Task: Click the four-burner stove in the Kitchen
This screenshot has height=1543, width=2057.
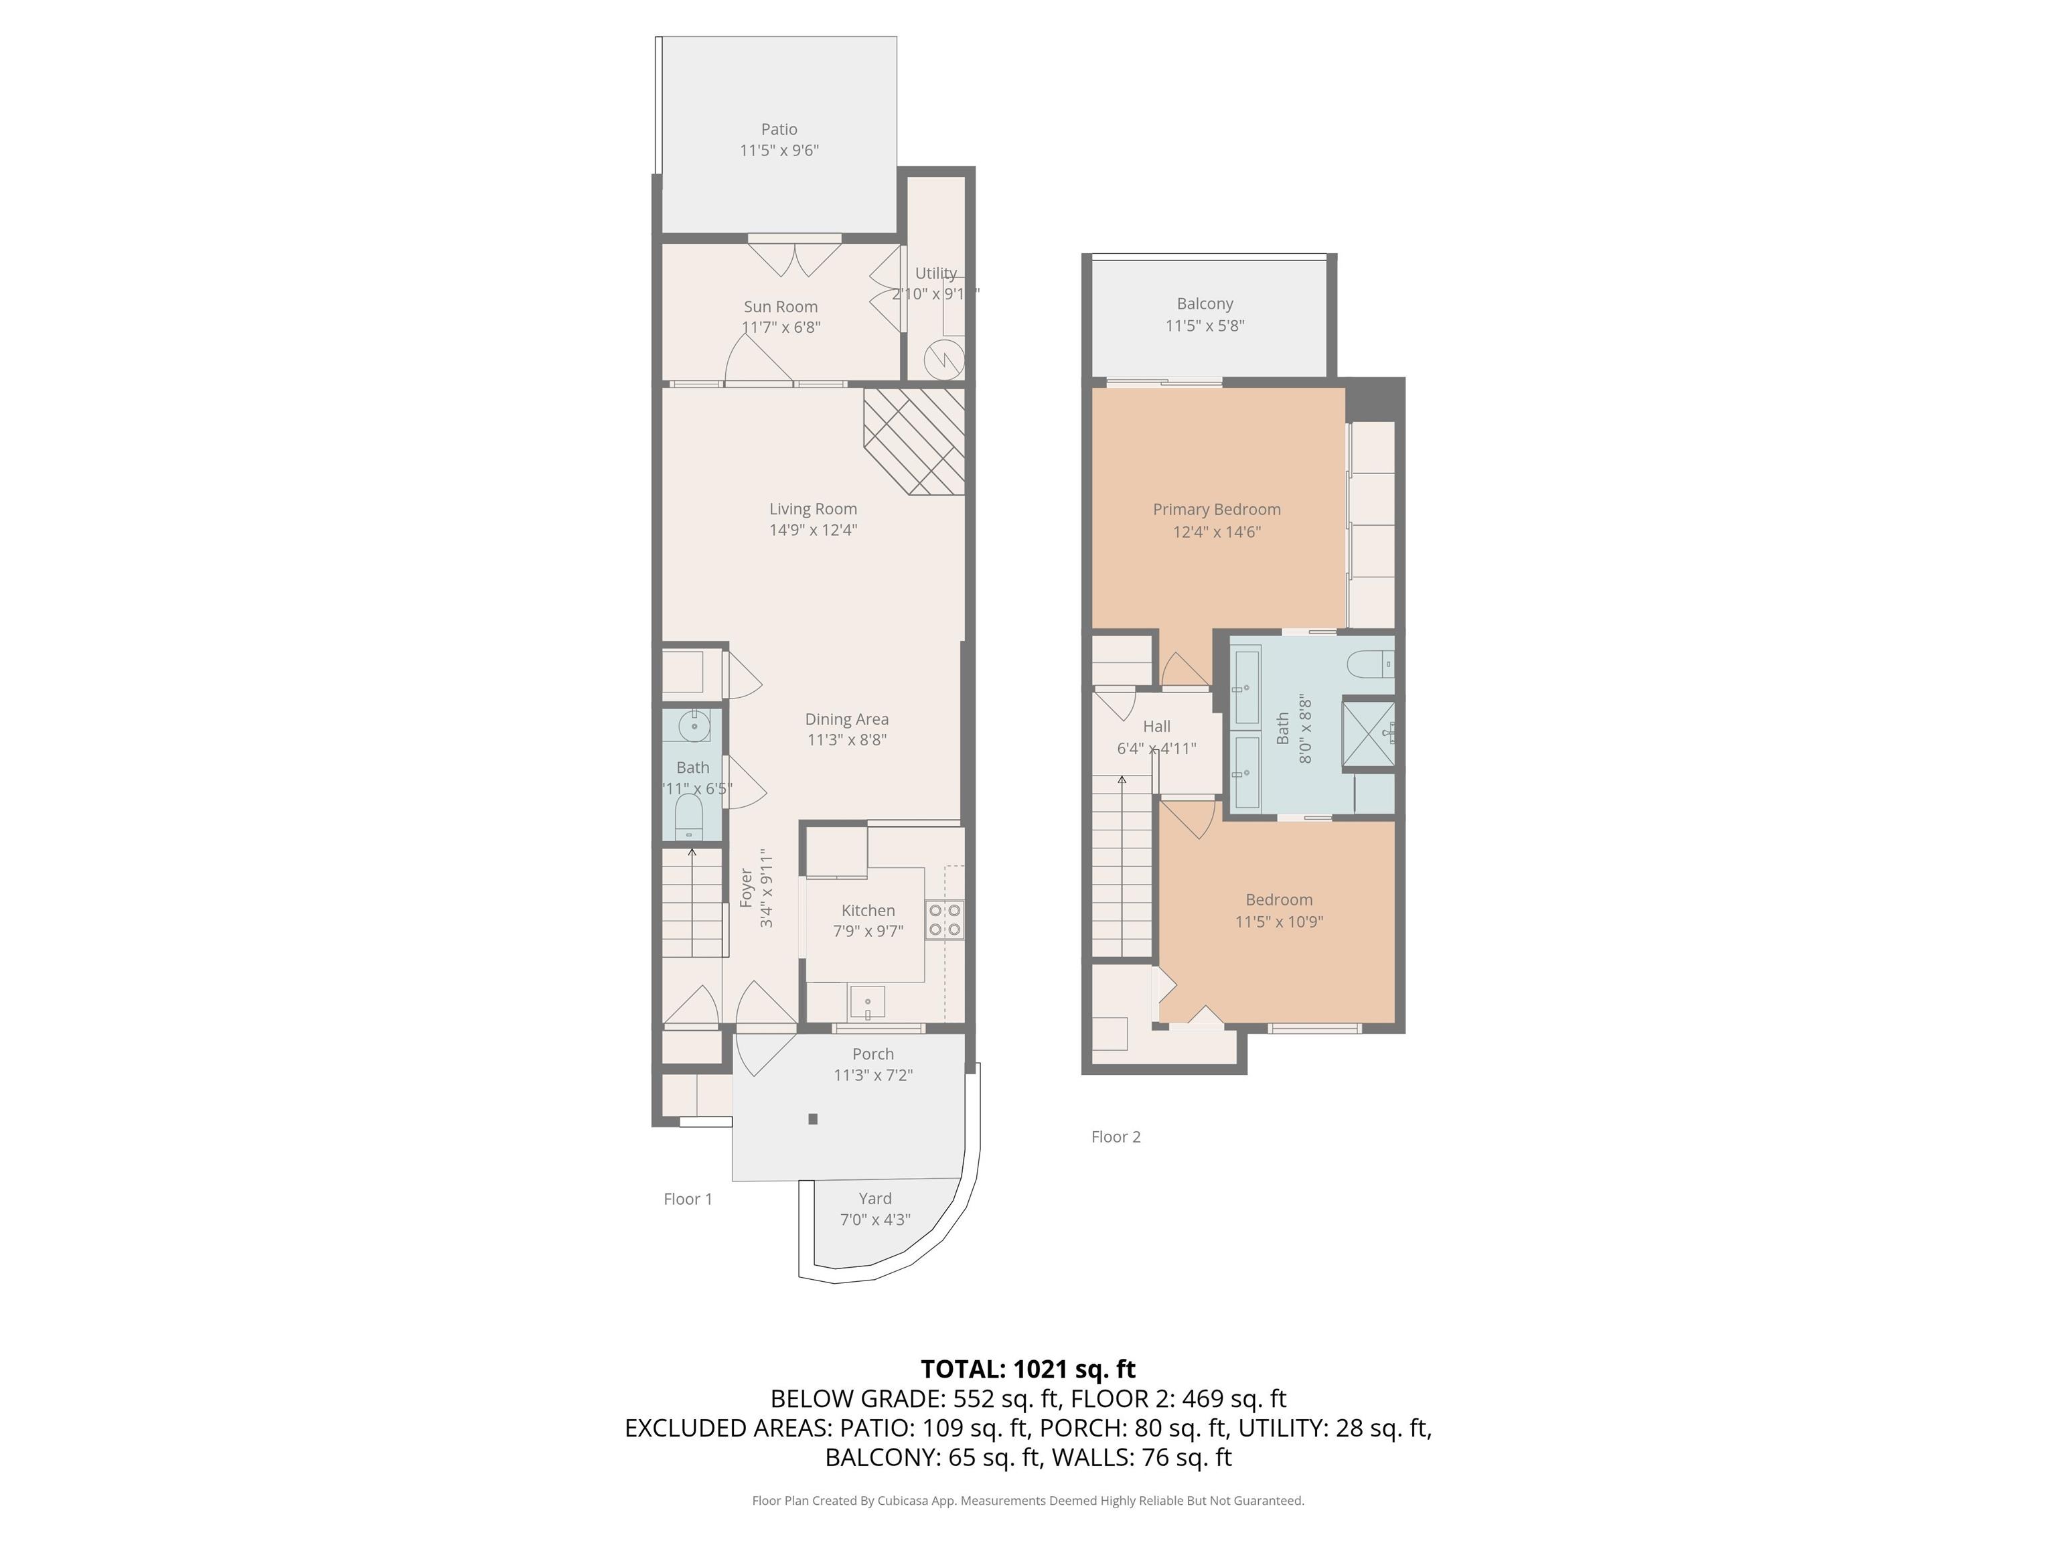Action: coord(944,920)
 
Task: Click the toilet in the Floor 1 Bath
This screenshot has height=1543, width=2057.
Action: coord(688,816)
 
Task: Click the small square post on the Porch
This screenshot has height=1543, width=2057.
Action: coord(813,1119)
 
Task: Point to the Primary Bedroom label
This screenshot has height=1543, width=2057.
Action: coord(1217,509)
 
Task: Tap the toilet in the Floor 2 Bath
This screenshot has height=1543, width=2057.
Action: coord(1371,664)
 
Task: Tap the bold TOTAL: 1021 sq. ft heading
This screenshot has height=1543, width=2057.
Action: coord(1028,1368)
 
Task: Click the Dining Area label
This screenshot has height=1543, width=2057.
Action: coord(846,719)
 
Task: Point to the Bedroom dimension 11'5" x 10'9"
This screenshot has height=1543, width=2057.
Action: coord(1279,922)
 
